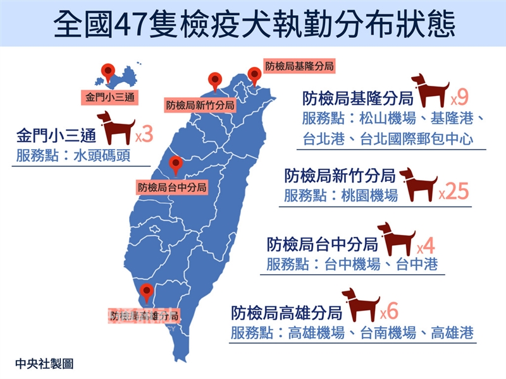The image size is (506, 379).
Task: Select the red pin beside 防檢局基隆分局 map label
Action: [254, 74]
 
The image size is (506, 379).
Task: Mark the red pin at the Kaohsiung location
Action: [147, 292]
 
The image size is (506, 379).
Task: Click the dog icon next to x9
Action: [430, 90]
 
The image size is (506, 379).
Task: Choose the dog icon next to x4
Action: [396, 238]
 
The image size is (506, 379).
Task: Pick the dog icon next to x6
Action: [360, 304]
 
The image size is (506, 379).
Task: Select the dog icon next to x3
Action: [115, 128]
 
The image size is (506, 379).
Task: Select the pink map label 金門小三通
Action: [110, 97]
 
